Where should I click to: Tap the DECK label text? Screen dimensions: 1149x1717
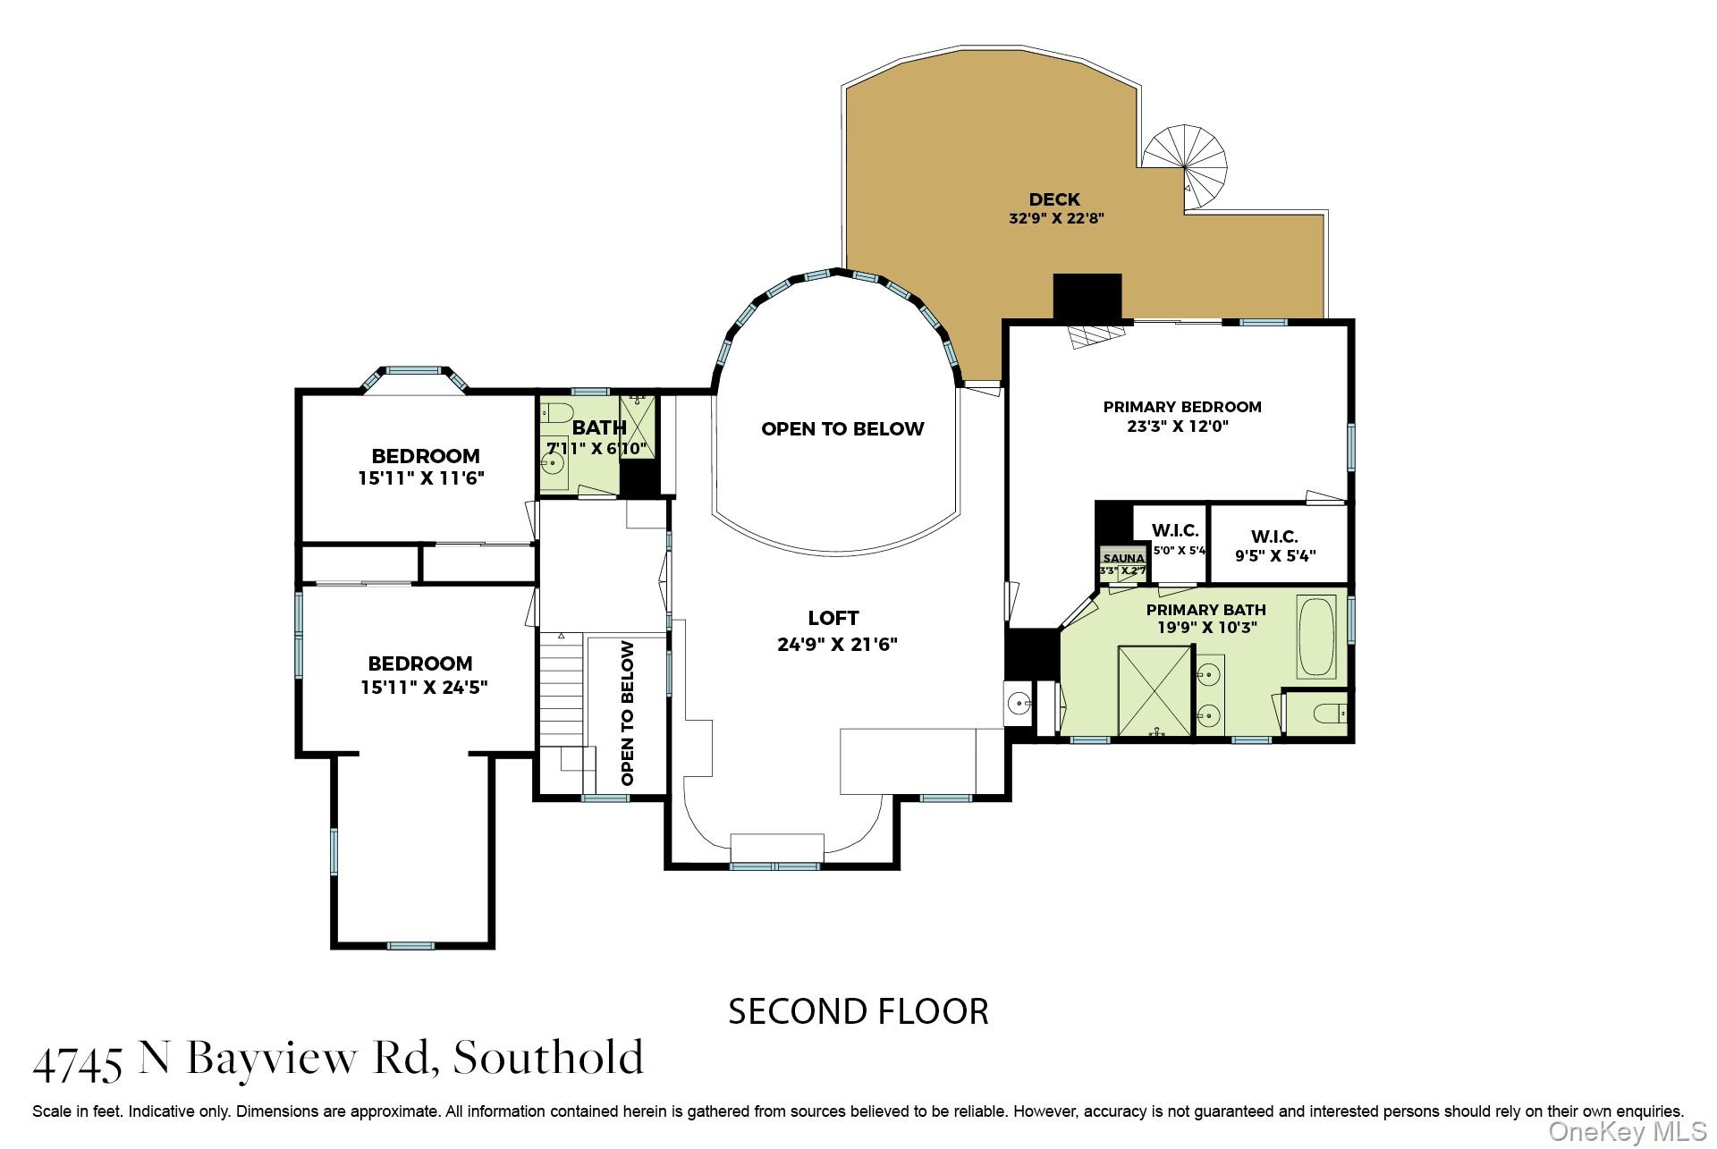[x=1054, y=199]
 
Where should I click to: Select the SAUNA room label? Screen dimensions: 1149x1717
[x=1123, y=558]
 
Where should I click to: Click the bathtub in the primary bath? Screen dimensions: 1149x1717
[x=1316, y=638]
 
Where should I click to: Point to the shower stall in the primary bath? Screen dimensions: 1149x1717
[x=1155, y=691]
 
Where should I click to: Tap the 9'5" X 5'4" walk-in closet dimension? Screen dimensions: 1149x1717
[x=1275, y=555]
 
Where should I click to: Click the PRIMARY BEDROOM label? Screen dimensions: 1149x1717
[x=1181, y=407]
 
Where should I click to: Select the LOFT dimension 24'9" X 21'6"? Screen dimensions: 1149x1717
[x=837, y=644]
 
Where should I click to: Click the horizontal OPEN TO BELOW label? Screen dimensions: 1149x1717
[x=842, y=429]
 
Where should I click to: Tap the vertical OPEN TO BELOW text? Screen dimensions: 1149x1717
[x=628, y=713]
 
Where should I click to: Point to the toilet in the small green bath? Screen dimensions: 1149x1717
[x=557, y=415]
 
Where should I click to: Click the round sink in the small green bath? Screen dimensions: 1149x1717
[x=554, y=465]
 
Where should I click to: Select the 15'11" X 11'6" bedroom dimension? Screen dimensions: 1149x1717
[x=421, y=478]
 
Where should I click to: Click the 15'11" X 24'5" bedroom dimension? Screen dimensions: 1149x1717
[x=424, y=688]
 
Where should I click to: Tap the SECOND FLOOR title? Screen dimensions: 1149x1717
[x=858, y=1011]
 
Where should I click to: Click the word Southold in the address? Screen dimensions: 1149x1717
[x=548, y=1058]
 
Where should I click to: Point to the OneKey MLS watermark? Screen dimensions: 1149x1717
[x=1627, y=1131]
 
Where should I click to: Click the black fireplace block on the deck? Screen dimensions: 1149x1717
[x=1087, y=296]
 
